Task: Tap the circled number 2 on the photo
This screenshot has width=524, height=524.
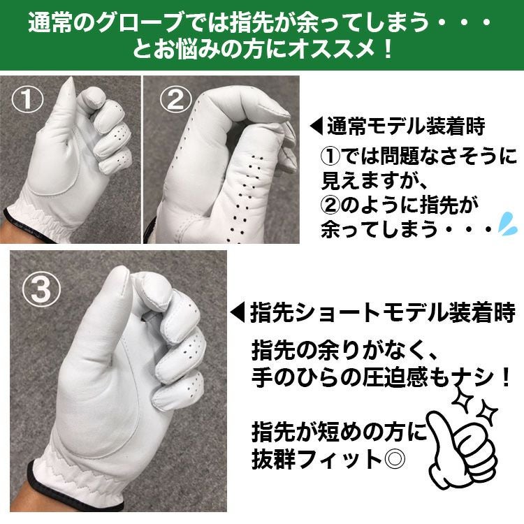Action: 176,99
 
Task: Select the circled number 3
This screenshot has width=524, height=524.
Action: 42,289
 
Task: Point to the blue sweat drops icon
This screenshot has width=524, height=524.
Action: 507,222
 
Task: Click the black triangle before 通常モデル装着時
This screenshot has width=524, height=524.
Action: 316,126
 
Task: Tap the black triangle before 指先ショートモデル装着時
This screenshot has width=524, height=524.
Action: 238,312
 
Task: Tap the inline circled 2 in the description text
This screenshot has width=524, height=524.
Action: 331,205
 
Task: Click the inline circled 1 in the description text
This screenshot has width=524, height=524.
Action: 331,156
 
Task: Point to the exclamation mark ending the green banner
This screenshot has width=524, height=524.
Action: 388,50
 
